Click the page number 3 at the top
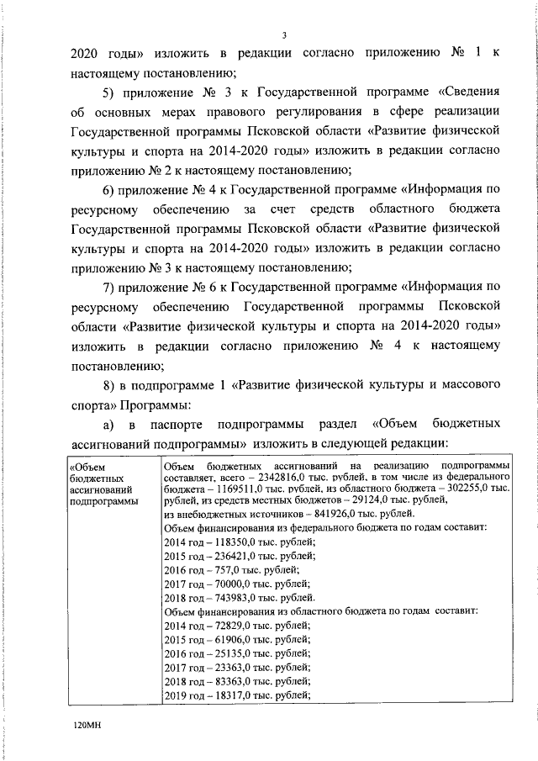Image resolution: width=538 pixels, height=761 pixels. [285, 35]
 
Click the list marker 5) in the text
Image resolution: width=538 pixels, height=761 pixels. [109, 91]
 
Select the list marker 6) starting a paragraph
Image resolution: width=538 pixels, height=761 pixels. [109, 188]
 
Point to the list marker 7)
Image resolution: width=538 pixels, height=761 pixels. [109, 287]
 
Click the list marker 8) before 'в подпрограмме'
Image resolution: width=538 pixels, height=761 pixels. [109, 385]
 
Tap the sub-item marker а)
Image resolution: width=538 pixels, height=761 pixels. [108, 425]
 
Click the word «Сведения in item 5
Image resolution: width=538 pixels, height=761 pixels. [467, 91]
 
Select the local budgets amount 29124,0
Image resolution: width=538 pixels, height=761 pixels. [348, 500]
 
